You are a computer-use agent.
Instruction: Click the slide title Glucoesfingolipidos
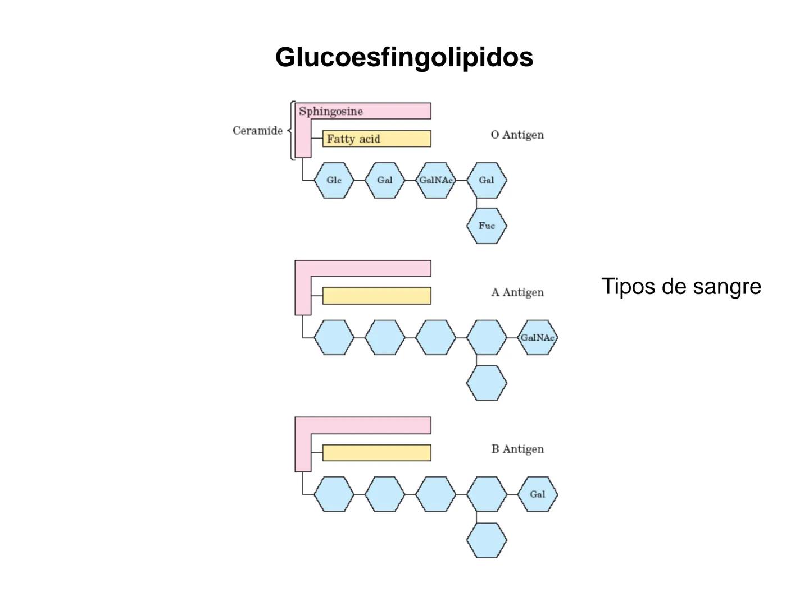(x=404, y=57)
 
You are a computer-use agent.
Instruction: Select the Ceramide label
(x=257, y=131)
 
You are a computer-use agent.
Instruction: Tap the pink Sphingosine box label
(x=331, y=111)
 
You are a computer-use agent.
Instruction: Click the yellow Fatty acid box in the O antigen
(x=376, y=139)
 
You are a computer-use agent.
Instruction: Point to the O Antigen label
(x=517, y=135)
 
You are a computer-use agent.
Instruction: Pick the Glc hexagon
(x=334, y=180)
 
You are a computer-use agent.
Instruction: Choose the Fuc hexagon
(x=487, y=226)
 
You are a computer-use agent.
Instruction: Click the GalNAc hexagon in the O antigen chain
(x=436, y=180)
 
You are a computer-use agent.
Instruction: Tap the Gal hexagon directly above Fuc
(x=487, y=180)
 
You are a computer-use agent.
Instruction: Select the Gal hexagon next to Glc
(x=385, y=180)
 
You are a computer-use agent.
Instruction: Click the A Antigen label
(x=517, y=292)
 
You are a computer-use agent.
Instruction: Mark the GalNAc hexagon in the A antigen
(x=538, y=337)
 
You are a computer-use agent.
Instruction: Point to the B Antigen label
(x=517, y=449)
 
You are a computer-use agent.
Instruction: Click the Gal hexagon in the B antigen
(x=538, y=494)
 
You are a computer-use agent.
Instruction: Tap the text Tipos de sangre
(x=681, y=286)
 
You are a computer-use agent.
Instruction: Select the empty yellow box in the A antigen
(x=376, y=296)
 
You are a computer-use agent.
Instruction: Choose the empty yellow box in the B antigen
(x=376, y=453)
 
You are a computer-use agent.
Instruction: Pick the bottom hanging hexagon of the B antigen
(x=487, y=540)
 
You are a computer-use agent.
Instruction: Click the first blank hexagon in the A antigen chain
(x=334, y=337)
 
